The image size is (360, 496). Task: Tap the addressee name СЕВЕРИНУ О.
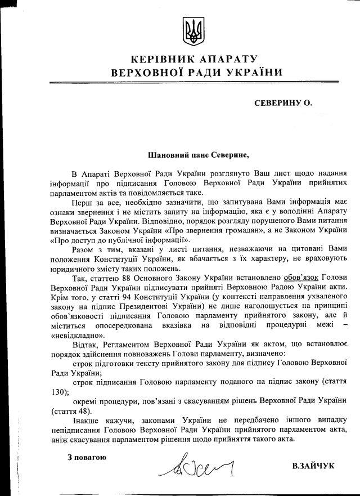pyautogui.click(x=282, y=103)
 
